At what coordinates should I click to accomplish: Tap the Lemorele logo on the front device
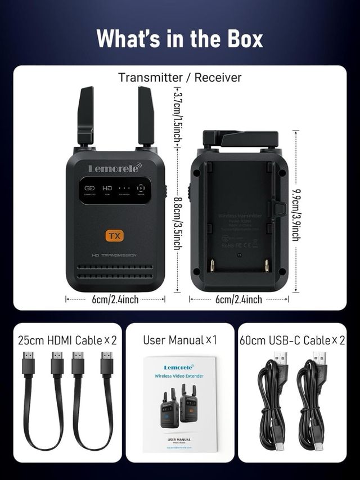[x=115, y=168]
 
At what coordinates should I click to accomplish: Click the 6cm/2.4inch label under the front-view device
[x=115, y=299]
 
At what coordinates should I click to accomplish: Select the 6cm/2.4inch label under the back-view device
[x=238, y=299]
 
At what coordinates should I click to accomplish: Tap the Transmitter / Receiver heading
[x=179, y=78]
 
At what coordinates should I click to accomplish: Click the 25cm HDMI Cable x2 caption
[x=67, y=340]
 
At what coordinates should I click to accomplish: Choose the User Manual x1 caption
[x=179, y=340]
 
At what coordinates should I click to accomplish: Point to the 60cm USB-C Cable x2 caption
[x=292, y=340]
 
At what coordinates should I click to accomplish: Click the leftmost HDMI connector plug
[x=29, y=364]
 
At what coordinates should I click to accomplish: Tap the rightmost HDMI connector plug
[x=106, y=364]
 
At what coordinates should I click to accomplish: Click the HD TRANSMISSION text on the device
[x=114, y=255]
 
